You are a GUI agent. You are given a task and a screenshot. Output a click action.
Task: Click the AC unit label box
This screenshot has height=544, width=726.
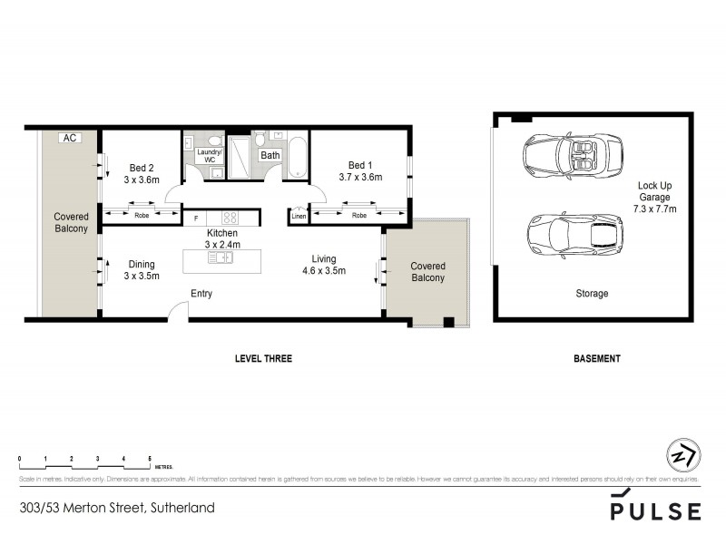(70, 138)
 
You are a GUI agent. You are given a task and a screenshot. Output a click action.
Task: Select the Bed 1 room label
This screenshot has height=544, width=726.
(360, 170)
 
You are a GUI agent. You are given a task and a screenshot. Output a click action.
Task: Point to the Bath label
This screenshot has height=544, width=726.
(270, 155)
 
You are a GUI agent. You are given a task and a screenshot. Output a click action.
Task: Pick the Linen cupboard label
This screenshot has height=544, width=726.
(299, 216)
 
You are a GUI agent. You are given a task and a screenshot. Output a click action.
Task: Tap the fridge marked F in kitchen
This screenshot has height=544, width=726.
(195, 218)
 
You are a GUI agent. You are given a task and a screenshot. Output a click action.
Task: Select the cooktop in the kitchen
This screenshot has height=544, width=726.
(230, 218)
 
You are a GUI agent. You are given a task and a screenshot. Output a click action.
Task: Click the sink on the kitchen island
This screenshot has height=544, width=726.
(221, 258)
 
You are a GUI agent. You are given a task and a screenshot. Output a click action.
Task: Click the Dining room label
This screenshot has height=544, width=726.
(142, 270)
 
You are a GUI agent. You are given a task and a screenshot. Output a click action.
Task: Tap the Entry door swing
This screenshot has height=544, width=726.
(179, 311)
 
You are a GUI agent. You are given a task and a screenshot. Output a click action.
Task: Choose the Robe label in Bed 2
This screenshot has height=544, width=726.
(142, 216)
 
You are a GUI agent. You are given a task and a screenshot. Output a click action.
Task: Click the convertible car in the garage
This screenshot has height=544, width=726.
(572, 155)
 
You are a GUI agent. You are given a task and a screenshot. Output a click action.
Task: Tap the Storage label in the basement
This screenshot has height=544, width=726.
(592, 294)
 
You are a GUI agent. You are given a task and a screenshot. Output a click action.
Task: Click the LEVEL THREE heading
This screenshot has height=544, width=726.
(263, 359)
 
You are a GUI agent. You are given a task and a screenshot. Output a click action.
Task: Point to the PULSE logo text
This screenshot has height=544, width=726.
(655, 510)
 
